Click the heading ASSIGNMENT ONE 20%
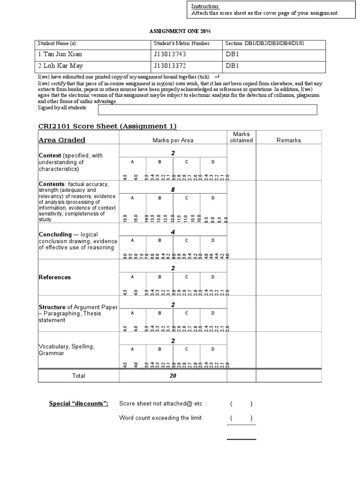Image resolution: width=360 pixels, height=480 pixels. (180, 30)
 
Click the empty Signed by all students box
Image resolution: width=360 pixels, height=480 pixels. (207, 110)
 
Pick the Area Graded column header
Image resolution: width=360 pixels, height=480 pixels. (62, 140)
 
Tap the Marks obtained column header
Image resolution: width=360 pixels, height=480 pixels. (242, 137)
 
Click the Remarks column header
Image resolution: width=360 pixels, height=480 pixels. (289, 140)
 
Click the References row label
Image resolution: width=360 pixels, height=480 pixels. (55, 277)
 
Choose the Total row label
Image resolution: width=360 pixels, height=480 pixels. (78, 375)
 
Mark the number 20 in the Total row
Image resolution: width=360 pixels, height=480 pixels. (173, 375)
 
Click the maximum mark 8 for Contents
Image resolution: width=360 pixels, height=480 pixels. (173, 190)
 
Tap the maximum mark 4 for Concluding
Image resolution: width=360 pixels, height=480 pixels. (173, 232)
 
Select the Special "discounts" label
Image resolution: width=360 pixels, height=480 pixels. (79, 404)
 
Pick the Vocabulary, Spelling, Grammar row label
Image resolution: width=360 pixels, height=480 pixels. (67, 350)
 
